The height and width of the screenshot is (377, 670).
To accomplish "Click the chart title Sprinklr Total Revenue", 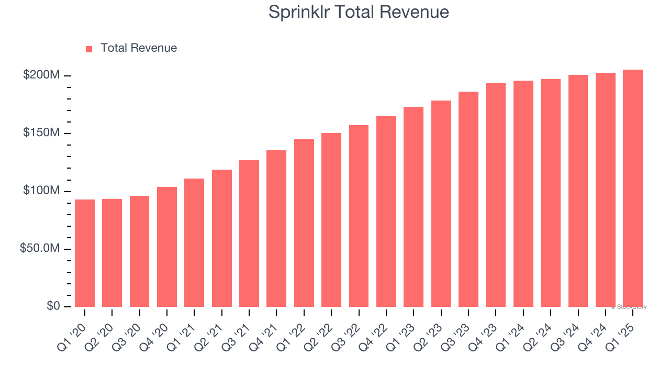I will [x=359, y=12].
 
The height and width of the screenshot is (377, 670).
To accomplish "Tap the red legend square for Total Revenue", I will [x=89, y=49].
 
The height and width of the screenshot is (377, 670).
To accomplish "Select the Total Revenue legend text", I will [x=139, y=48].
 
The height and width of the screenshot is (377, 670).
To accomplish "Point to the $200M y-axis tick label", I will [x=41, y=75].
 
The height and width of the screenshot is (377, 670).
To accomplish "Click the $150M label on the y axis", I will [x=41, y=133].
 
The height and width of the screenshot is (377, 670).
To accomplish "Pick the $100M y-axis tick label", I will [x=41, y=191].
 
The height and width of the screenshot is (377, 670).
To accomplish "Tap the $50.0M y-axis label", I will [x=40, y=248].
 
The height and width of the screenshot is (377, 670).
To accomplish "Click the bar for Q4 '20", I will [x=167, y=247].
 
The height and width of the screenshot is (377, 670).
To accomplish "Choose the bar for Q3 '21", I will [x=249, y=234].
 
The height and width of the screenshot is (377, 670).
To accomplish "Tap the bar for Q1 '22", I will [x=304, y=223].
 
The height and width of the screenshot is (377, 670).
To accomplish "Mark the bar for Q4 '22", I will [x=386, y=211].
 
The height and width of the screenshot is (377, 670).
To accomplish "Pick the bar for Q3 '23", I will [x=468, y=199].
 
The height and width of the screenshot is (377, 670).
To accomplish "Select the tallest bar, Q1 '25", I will [x=633, y=188].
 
